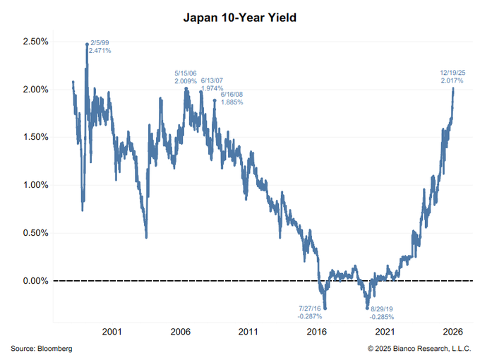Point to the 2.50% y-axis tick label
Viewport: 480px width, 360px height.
[x=34, y=42]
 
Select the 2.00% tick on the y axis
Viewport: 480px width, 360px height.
[x=34, y=90]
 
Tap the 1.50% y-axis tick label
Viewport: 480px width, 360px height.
[x=34, y=138]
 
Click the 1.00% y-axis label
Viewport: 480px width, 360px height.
[x=34, y=185]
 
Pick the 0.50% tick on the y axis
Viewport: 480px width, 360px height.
[x=34, y=233]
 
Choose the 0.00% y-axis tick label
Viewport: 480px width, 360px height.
[x=34, y=281]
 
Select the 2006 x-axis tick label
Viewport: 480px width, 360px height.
[x=181, y=331]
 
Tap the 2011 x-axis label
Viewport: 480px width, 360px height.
[x=248, y=331]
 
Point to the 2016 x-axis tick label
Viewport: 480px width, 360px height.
[x=316, y=331]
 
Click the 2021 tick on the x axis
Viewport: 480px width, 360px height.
[x=384, y=331]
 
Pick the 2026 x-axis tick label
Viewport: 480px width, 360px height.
[x=452, y=331]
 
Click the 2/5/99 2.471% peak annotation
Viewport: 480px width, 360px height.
[x=100, y=47]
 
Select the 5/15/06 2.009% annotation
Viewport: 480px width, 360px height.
[x=186, y=77]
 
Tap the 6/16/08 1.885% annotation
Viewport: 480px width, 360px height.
[x=232, y=98]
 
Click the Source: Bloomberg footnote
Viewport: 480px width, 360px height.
[x=42, y=349]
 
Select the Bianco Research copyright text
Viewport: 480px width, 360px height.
[x=419, y=349]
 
